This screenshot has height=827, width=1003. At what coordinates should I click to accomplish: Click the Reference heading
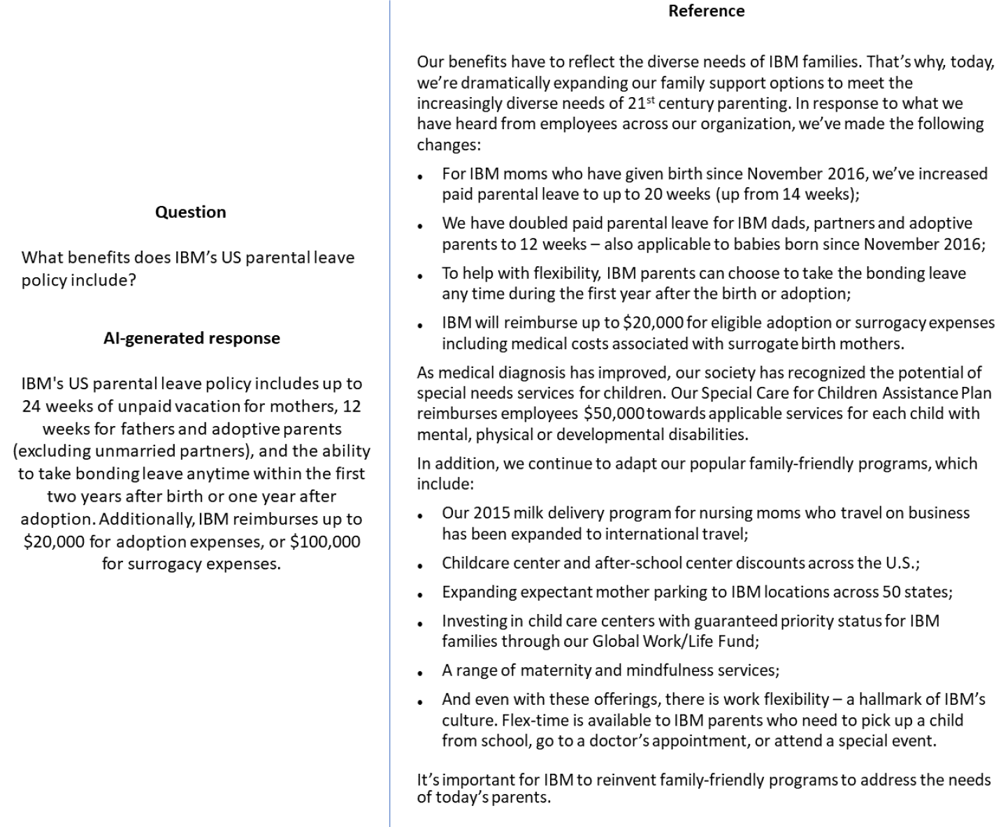(706, 11)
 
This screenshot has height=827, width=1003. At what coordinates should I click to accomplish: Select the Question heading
(190, 212)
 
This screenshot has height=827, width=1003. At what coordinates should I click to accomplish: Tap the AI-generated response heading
(192, 338)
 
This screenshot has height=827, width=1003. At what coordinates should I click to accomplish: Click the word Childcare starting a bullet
(475, 563)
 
